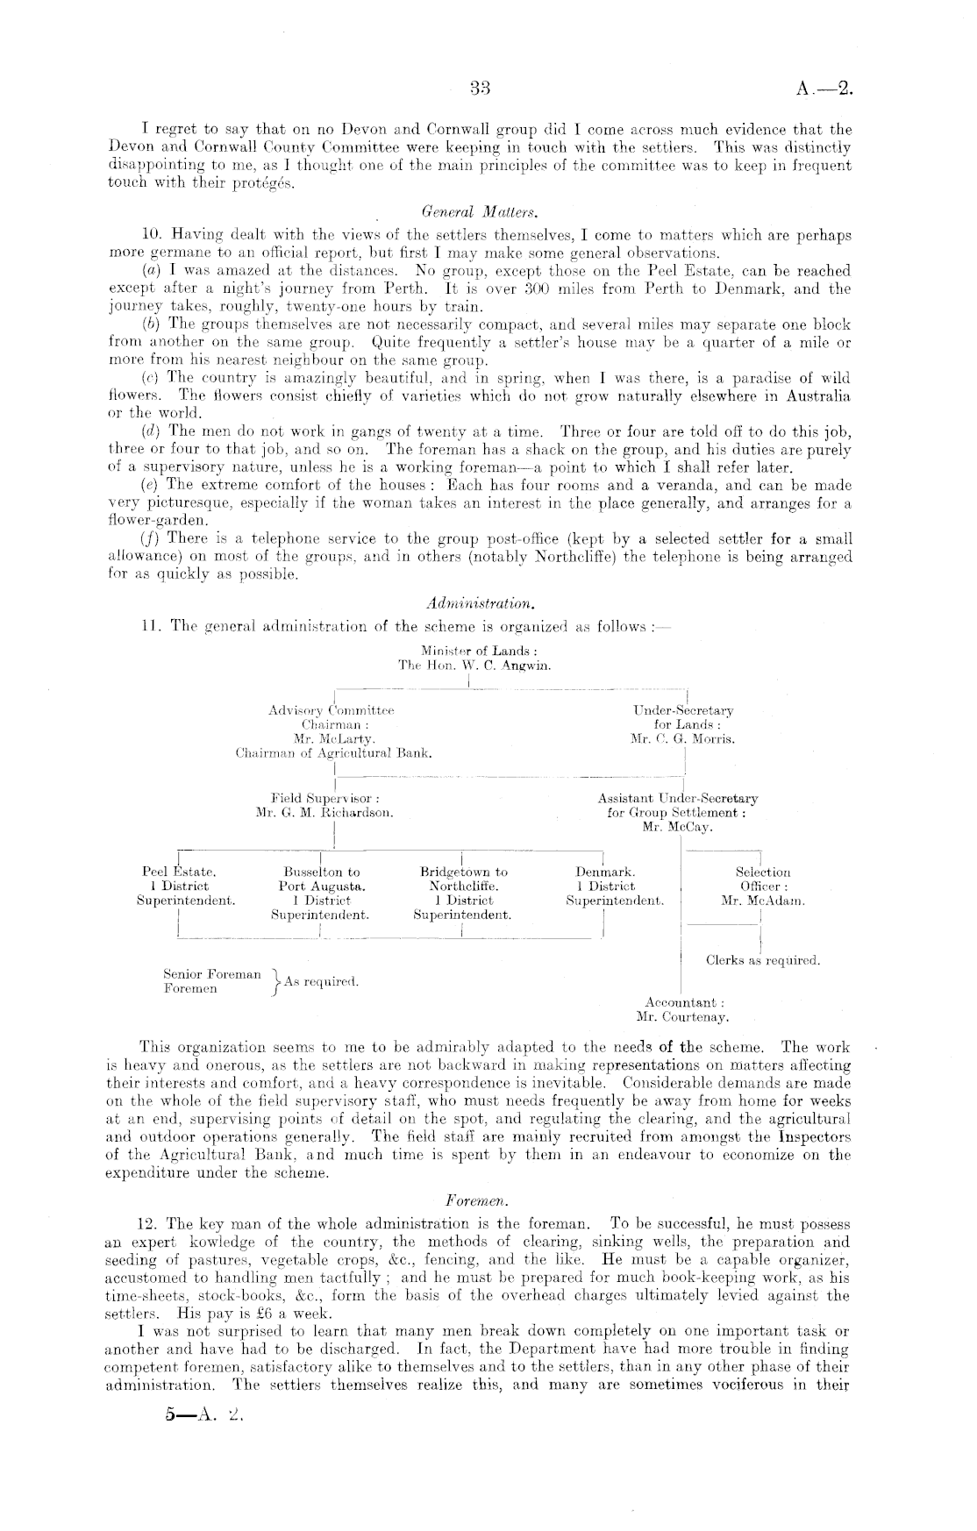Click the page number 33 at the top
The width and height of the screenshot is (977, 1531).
[479, 87]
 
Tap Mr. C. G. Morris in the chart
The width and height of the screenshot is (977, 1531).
[682, 739]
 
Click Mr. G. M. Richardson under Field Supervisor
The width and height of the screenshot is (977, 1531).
[324, 813]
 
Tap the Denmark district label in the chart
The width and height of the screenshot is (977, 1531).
[605, 872]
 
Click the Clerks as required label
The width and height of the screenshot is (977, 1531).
[763, 960]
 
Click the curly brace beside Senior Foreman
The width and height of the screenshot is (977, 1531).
[275, 982]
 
